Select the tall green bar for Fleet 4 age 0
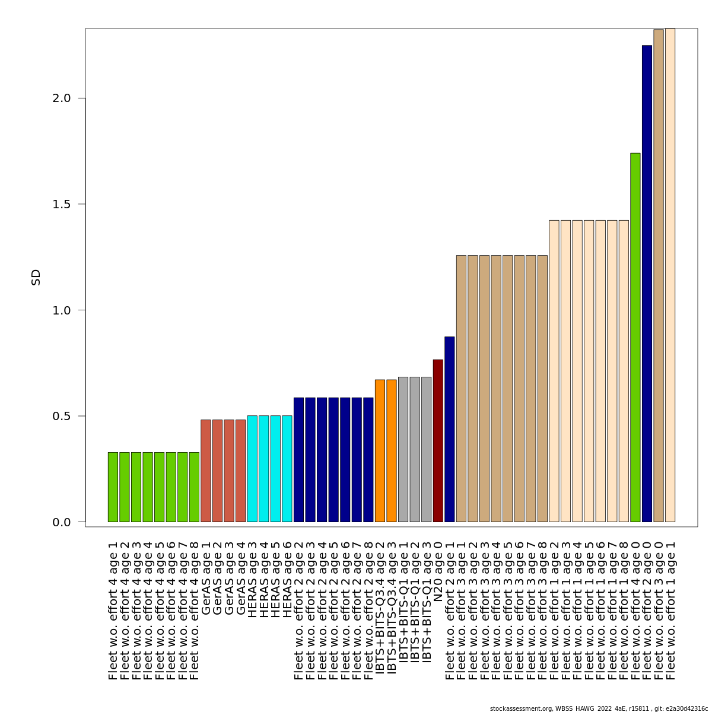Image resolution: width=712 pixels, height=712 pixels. pyautogui.click(x=635, y=338)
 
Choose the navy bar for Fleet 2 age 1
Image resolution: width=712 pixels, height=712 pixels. pyautogui.click(x=450, y=430)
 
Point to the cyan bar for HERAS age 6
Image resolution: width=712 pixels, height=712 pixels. pyautogui.click(x=287, y=469)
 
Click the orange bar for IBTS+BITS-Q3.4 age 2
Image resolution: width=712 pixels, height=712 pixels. pyautogui.click(x=380, y=451)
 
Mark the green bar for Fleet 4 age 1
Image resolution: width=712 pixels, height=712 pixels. pyautogui.click(x=113, y=487)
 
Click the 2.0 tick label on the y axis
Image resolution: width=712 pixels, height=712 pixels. pyautogui.click(x=62, y=98)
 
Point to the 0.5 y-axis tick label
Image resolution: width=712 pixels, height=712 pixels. pyautogui.click(x=62, y=417)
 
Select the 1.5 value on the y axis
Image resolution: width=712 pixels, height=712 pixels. pyautogui.click(x=62, y=205)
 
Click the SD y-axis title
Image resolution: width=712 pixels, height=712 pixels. pyautogui.click(x=36, y=277)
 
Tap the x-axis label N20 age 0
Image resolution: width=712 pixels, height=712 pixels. pyautogui.click(x=438, y=572)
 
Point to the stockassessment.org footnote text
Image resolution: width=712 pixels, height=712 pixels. pyautogui.click(x=599, y=708)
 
